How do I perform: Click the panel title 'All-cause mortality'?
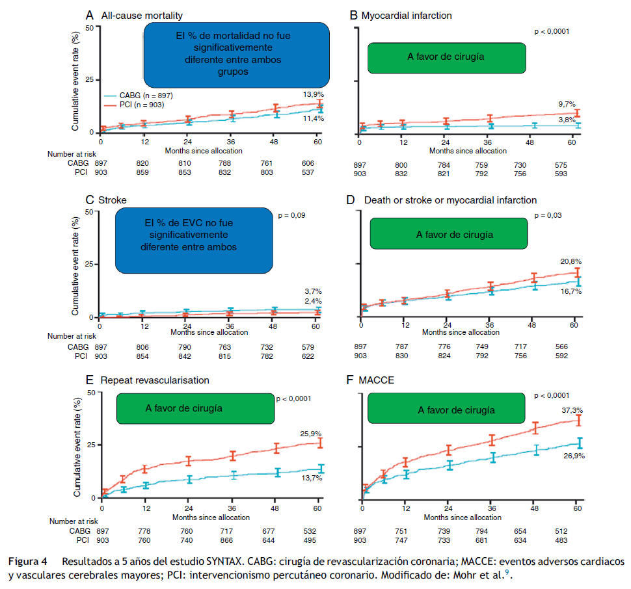tap(140, 15)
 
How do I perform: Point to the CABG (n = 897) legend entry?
tap(142, 95)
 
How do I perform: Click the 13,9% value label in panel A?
tap(312, 94)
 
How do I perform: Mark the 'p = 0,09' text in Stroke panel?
tap(291, 215)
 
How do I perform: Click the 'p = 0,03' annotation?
tap(548, 215)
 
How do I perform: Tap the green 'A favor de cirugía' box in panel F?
tap(447, 410)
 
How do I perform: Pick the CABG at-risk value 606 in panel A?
tap(307, 163)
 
